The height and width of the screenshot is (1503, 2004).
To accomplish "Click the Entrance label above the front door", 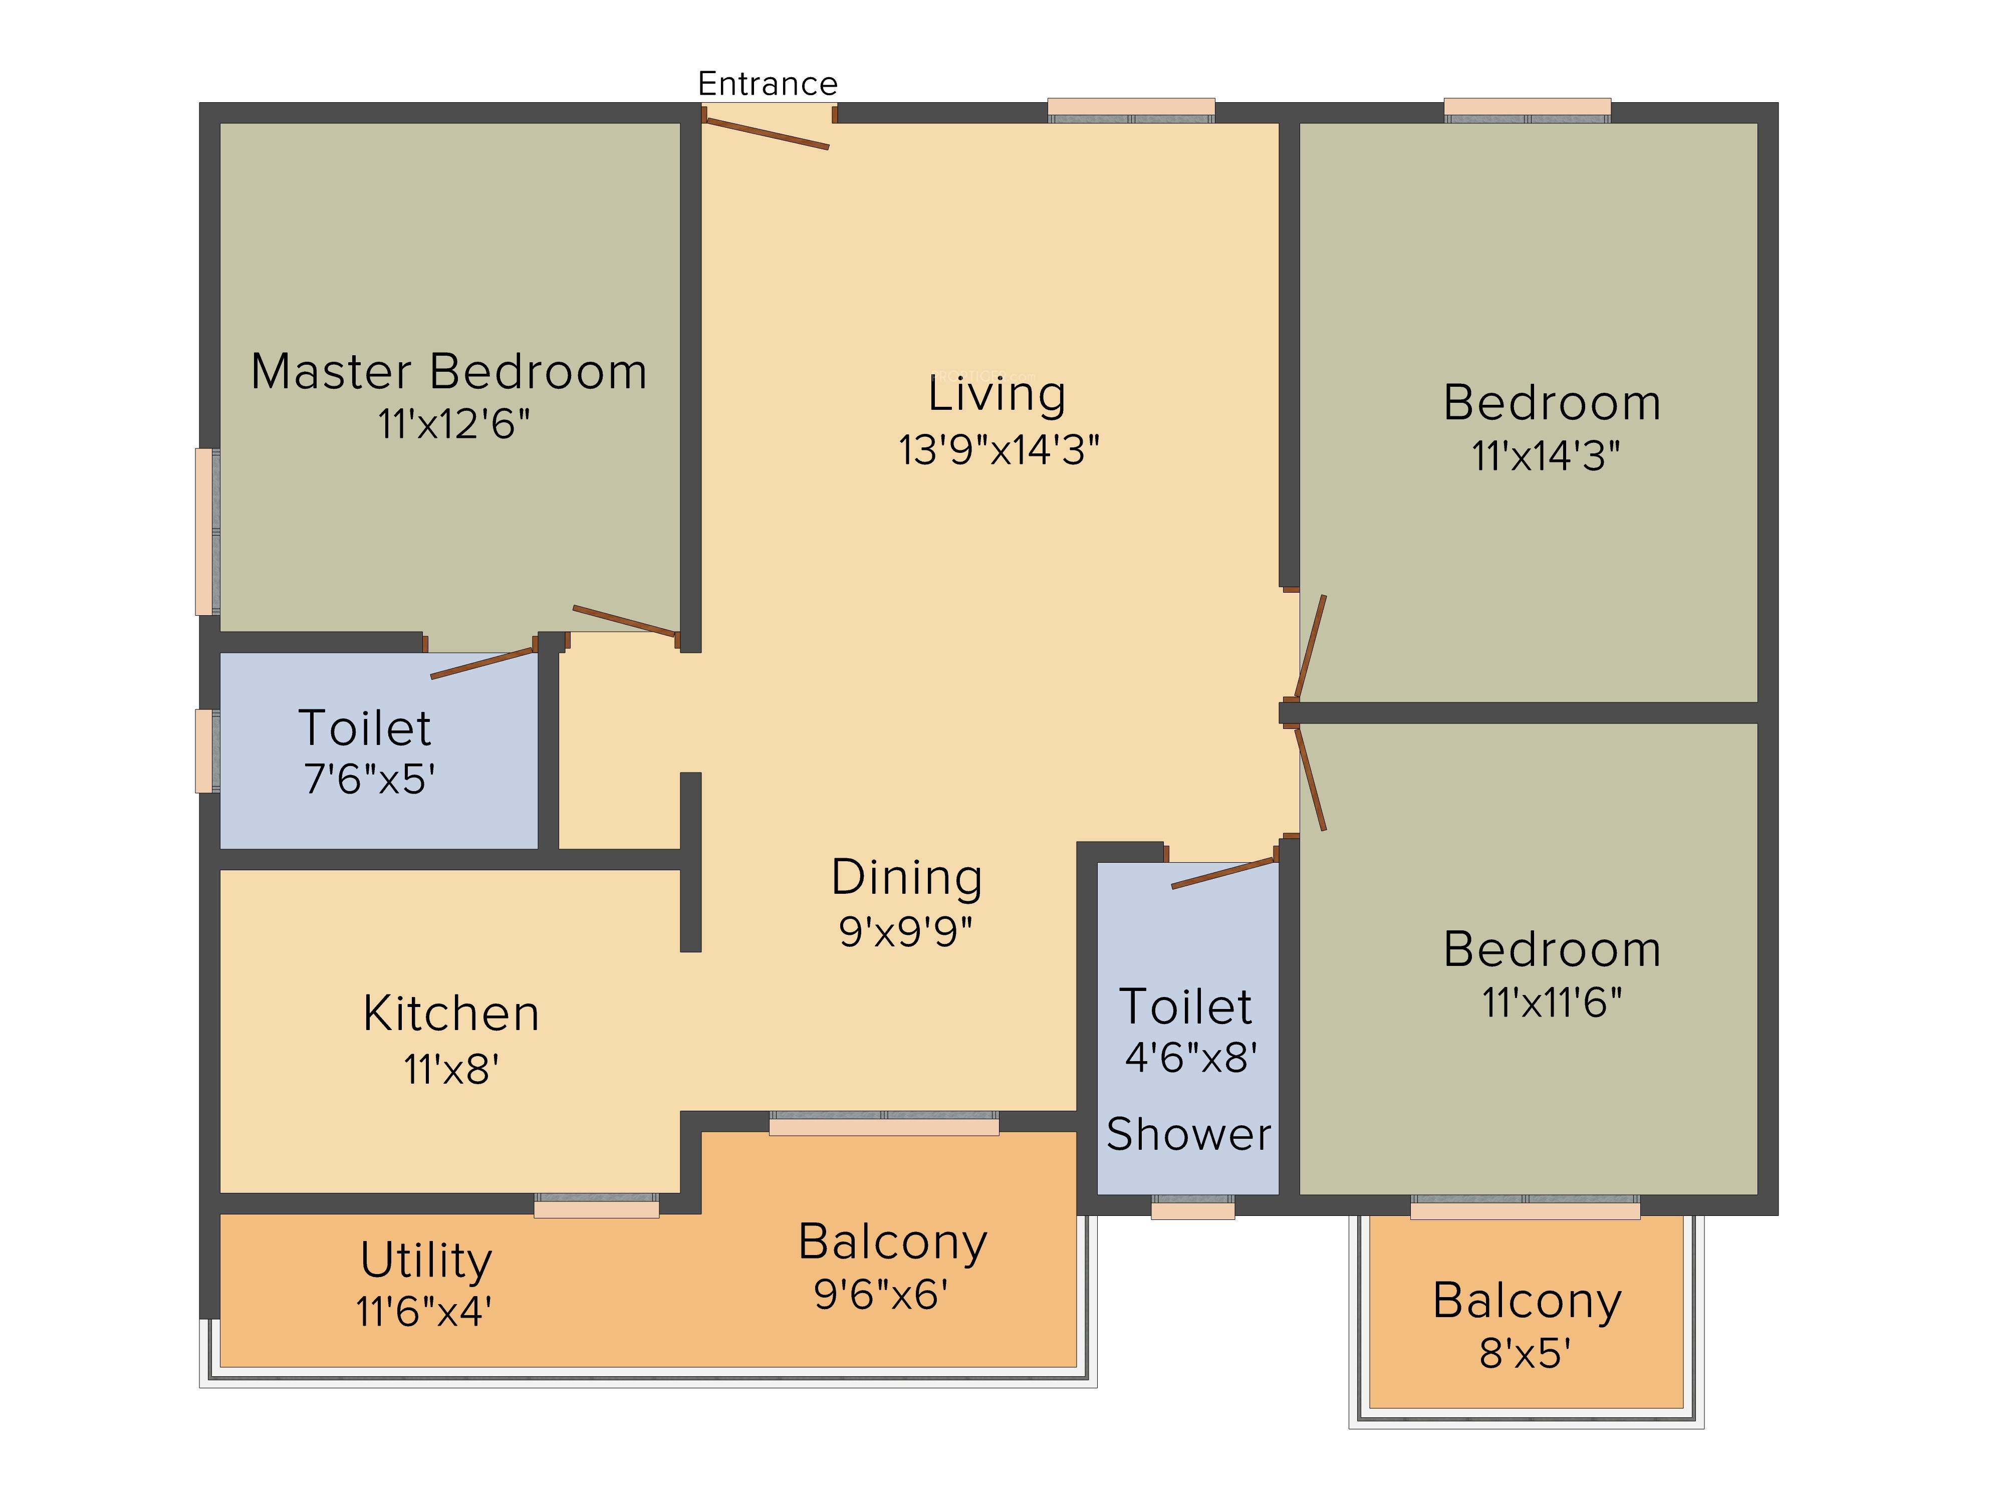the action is (x=768, y=83).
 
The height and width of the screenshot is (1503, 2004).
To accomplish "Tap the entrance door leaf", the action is (x=766, y=133).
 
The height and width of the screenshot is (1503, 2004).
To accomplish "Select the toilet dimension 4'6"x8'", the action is (x=1190, y=1057).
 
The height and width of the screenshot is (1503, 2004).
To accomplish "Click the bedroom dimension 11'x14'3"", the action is (x=1546, y=456).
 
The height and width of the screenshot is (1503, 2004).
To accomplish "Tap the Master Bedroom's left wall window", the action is (x=207, y=532).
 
